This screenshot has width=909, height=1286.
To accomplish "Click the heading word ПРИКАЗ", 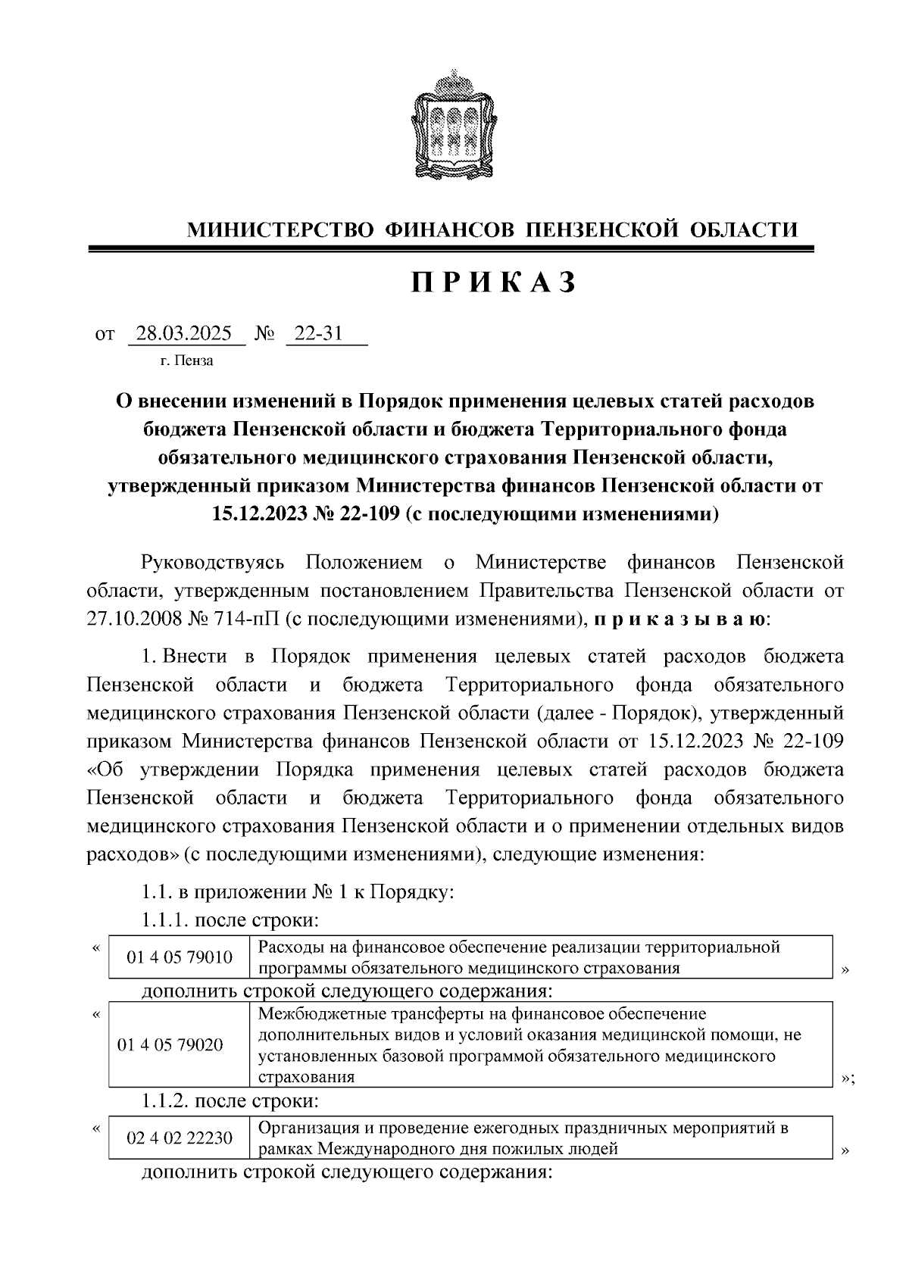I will (x=495, y=282).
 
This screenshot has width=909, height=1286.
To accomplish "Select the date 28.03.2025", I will (x=185, y=334).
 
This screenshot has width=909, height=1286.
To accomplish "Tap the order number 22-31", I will (x=319, y=334).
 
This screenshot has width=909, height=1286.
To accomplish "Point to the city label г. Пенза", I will (x=187, y=361).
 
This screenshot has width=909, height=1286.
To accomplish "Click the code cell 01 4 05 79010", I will (x=180, y=957).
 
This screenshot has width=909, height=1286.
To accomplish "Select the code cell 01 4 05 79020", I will (x=170, y=1044).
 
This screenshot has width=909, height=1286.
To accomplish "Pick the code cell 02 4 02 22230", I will (x=180, y=1138).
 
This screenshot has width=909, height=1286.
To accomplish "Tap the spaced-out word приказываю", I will (x=680, y=620).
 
